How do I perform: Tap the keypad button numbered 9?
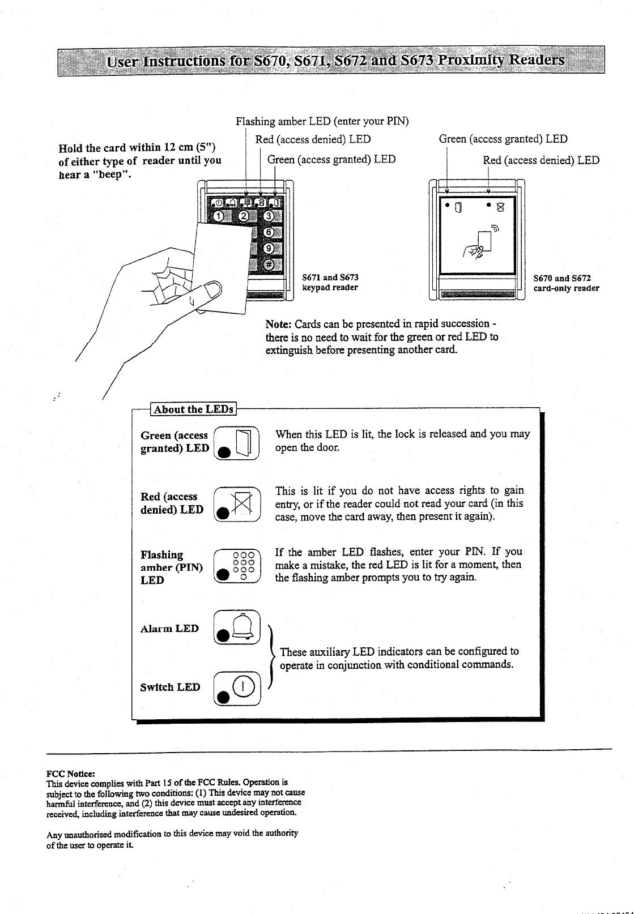tap(269, 249)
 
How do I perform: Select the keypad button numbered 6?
tap(269, 233)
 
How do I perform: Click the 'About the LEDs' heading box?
tap(193, 409)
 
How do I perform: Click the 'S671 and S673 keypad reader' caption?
tap(330, 283)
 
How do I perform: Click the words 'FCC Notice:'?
tap(70, 773)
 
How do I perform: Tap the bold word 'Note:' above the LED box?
tap(278, 324)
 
